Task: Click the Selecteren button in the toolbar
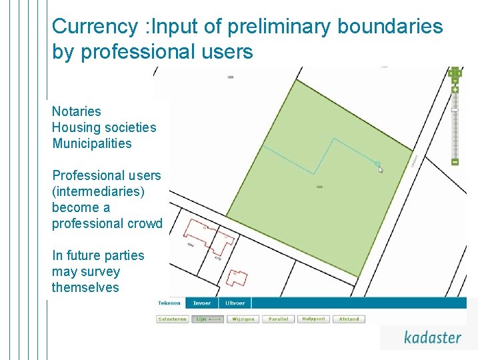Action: tap(173, 319)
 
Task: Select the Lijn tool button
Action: tap(208, 319)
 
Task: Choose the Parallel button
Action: tap(279, 319)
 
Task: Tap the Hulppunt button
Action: tap(313, 319)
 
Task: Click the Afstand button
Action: tap(349, 319)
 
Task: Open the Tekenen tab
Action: tap(169, 303)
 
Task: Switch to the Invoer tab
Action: tap(202, 303)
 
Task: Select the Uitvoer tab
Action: tap(235, 303)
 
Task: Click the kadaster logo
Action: tap(432, 337)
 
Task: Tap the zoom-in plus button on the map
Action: tap(455, 89)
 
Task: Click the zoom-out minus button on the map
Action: tap(455, 161)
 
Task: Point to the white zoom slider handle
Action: tap(455, 109)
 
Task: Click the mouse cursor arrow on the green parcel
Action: tap(381, 169)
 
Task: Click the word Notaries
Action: tap(77, 111)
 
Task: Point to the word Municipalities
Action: tap(92, 143)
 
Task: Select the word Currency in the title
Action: tap(95, 27)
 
